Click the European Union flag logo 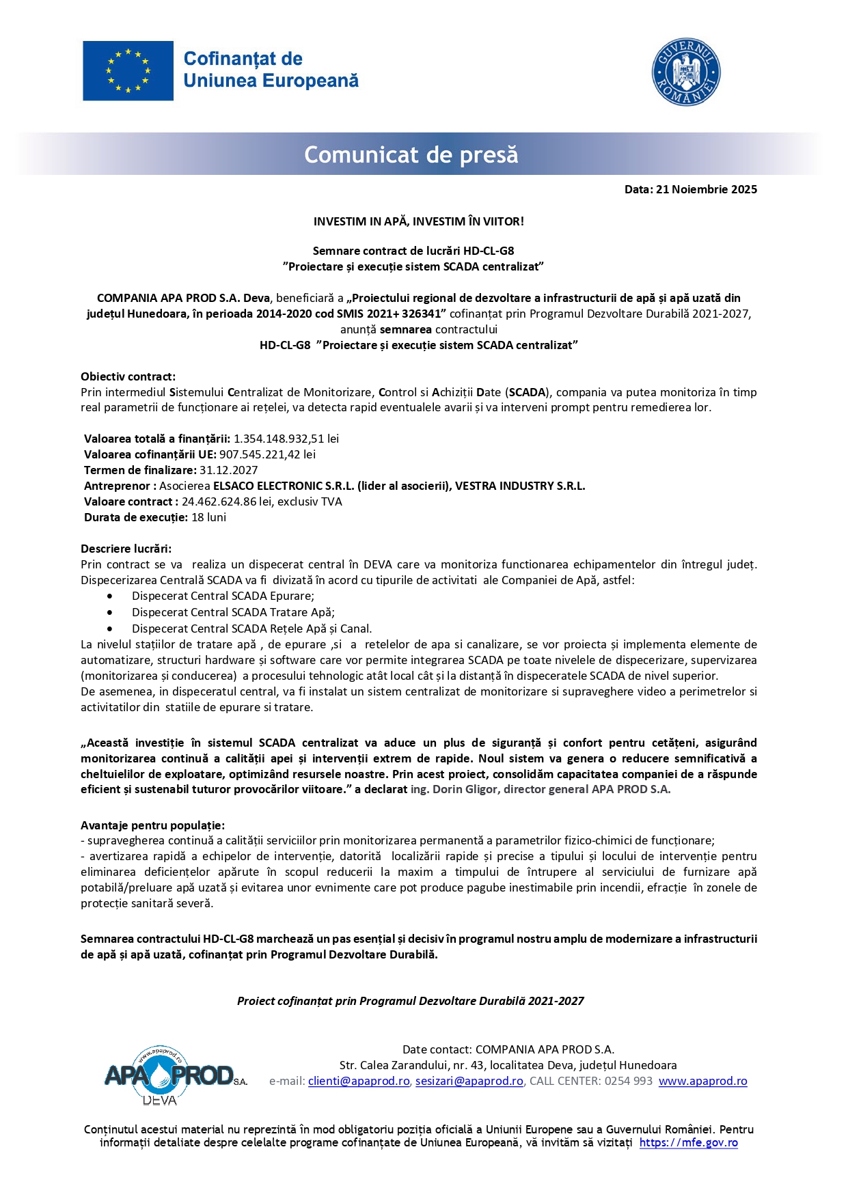(x=128, y=70)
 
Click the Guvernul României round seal (x=685, y=72)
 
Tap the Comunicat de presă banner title (x=411, y=155)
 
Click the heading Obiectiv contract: (x=128, y=376)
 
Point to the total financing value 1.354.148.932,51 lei (x=286, y=439)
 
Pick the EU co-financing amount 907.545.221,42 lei (x=267, y=454)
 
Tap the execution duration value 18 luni (x=208, y=517)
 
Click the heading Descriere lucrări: (x=126, y=549)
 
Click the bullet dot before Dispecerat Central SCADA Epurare (x=110, y=596)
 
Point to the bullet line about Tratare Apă (x=233, y=612)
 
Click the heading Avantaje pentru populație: (x=152, y=825)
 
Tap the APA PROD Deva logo (x=174, y=1076)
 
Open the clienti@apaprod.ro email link (x=359, y=1081)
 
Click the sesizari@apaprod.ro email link (x=469, y=1081)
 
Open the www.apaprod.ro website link (x=702, y=1081)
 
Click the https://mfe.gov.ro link (x=688, y=1143)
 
